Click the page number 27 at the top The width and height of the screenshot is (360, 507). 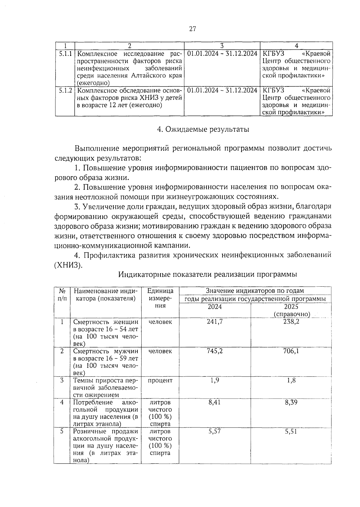click(x=192, y=29)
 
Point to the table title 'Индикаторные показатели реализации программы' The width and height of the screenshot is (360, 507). click(x=208, y=274)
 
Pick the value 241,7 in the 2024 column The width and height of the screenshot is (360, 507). click(x=214, y=322)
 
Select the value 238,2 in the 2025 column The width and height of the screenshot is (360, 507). click(x=291, y=322)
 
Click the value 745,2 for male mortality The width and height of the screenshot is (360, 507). click(x=214, y=351)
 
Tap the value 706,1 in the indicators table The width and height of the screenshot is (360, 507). click(x=291, y=351)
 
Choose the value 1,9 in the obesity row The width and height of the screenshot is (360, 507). click(x=214, y=380)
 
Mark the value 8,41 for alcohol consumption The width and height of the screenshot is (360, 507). click(x=214, y=402)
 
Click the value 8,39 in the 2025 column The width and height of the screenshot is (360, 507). click(x=291, y=402)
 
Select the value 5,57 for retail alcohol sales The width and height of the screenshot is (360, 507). click(x=214, y=431)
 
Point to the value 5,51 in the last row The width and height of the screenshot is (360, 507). click(x=291, y=431)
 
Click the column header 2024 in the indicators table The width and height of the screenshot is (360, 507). click(x=214, y=307)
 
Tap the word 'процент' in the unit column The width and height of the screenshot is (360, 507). click(x=160, y=380)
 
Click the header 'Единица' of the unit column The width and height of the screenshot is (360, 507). click(x=160, y=291)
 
